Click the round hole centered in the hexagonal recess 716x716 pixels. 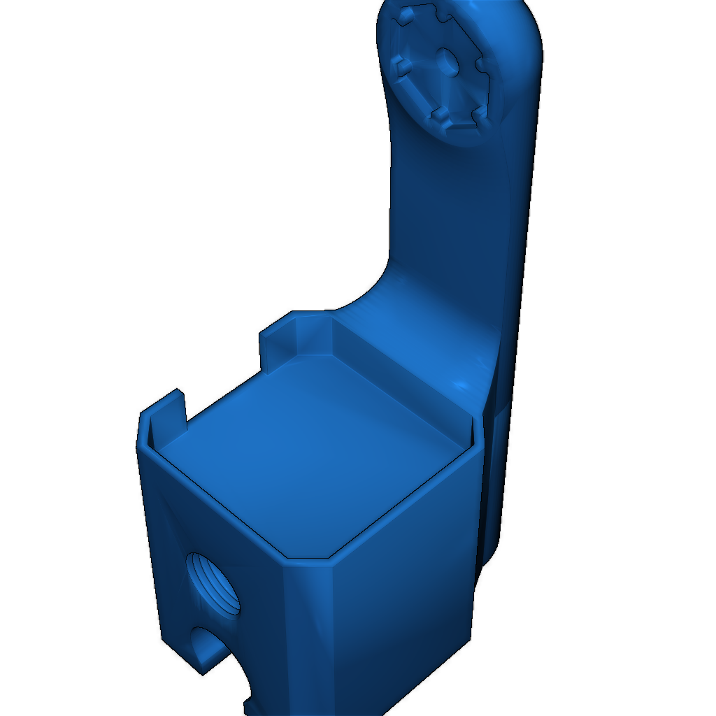447,63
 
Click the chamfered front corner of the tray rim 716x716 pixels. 308,559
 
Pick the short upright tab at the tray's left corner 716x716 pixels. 164,420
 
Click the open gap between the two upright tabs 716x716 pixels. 224,392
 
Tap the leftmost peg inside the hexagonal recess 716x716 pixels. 401,66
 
